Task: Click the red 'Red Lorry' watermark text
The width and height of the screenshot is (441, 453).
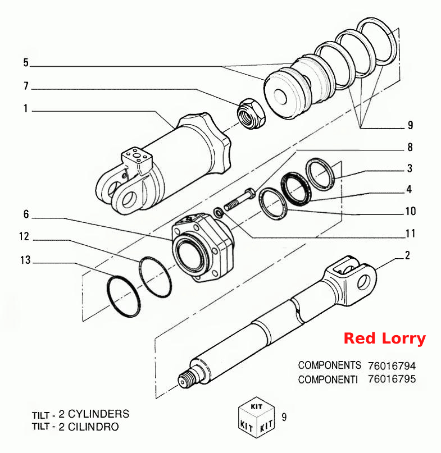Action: tap(385, 338)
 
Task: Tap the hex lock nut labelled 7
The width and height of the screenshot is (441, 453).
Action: tap(251, 114)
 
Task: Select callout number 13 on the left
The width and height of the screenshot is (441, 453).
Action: tap(25, 260)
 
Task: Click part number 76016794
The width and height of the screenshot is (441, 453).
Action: tap(392, 366)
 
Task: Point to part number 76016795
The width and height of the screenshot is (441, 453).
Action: tap(392, 379)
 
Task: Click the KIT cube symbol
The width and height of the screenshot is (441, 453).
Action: tap(257, 417)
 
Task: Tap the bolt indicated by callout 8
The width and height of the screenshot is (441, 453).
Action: tap(239, 199)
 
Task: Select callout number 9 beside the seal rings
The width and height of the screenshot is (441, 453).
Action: tap(410, 125)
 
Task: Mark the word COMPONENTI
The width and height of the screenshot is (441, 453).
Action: tap(328, 379)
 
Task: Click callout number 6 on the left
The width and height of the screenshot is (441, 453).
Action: tap(26, 214)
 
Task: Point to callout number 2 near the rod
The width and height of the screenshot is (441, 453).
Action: tap(407, 255)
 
